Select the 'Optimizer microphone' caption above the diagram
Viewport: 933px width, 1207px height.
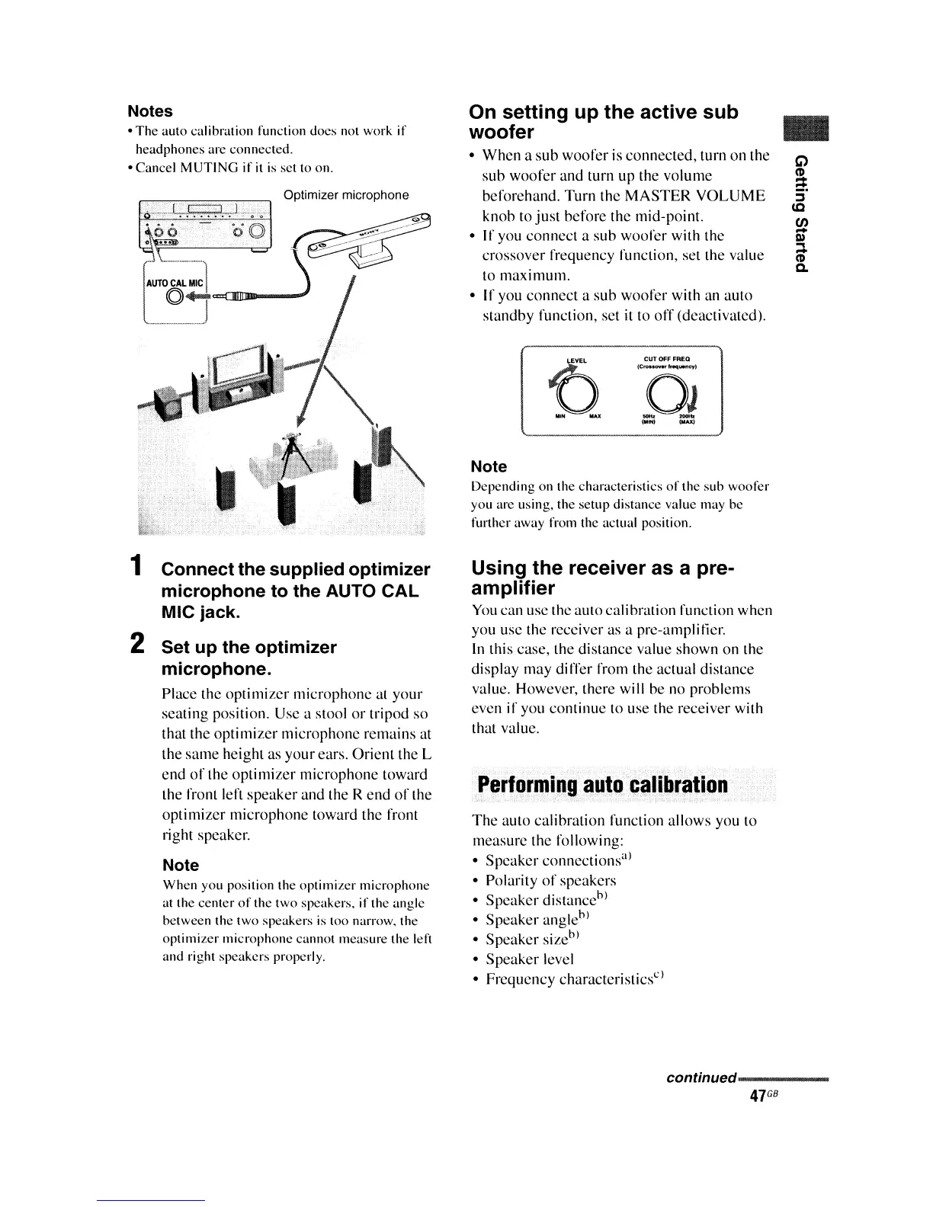346,195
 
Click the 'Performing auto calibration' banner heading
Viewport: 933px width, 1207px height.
601,785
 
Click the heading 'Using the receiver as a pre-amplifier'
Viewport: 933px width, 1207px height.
602,578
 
